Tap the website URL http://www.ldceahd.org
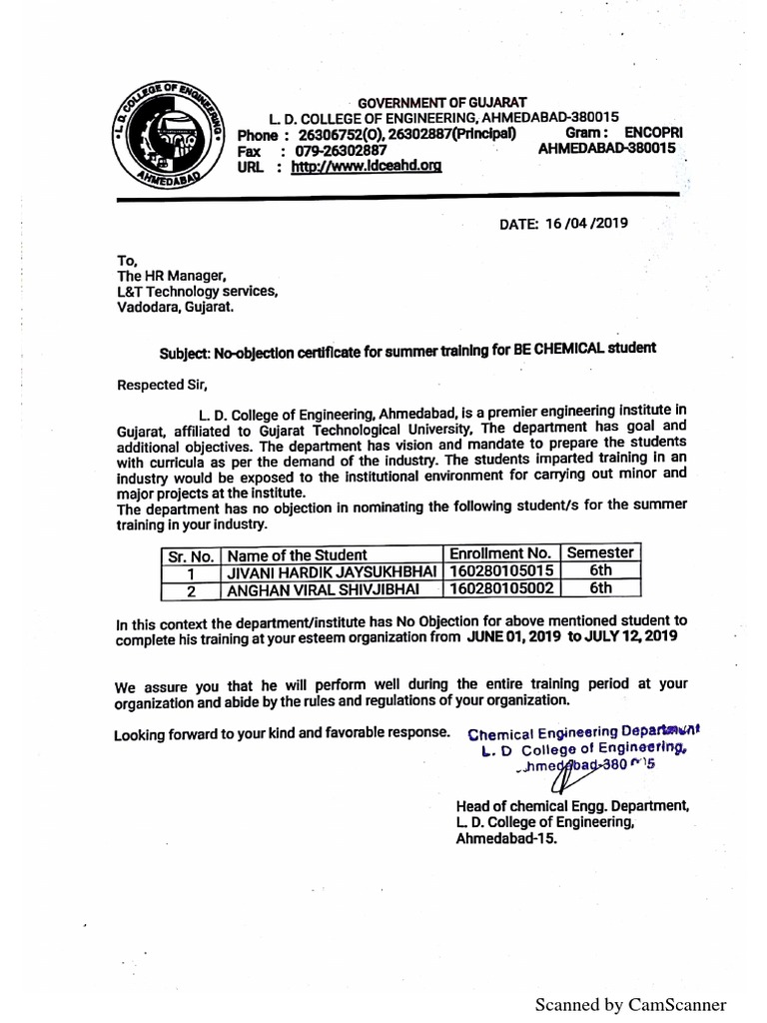coord(366,168)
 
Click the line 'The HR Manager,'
coord(173,275)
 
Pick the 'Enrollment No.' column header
coord(500,553)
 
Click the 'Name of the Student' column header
coord(298,554)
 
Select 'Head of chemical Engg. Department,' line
coord(571,805)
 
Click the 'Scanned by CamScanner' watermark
coord(631,1004)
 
